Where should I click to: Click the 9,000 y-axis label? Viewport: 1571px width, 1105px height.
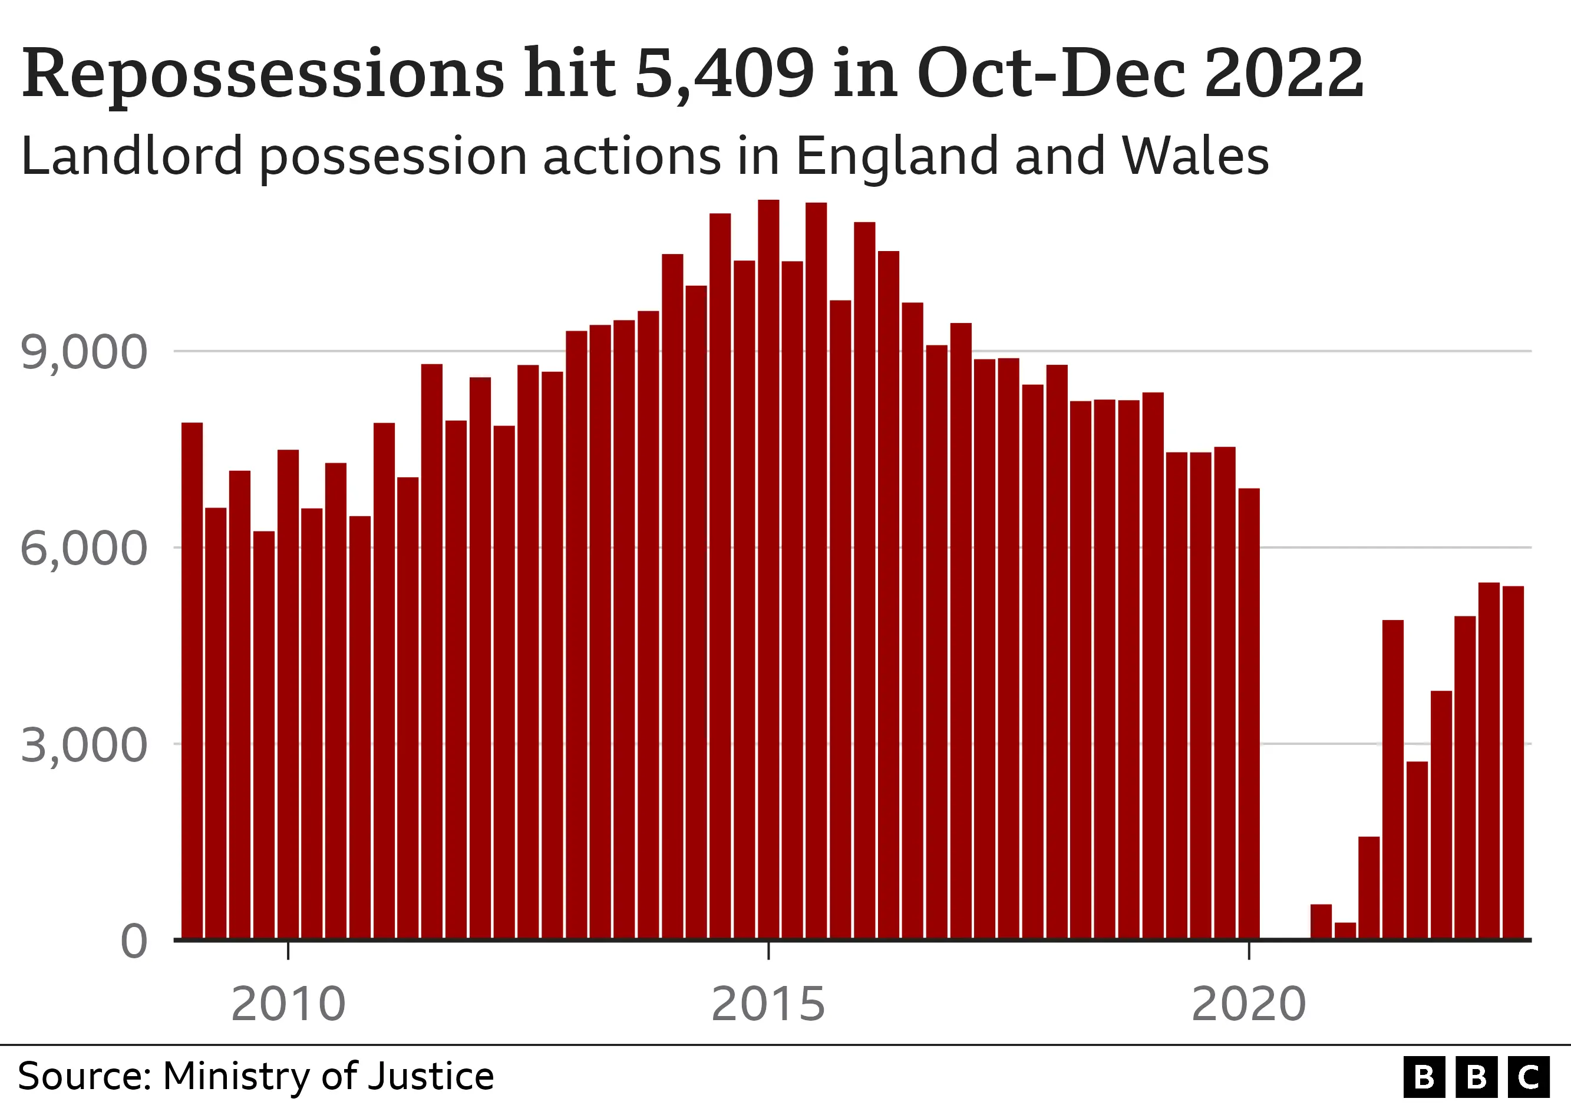[x=84, y=353]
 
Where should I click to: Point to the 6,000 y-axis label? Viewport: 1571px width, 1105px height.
[x=84, y=549]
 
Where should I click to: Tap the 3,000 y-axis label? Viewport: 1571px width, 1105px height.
[x=84, y=745]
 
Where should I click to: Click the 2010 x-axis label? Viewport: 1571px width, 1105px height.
[x=288, y=1004]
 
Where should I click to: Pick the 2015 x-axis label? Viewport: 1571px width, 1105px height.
[x=768, y=1004]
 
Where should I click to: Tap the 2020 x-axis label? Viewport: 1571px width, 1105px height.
[x=1249, y=1004]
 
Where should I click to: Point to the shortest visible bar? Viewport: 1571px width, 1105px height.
[x=1345, y=930]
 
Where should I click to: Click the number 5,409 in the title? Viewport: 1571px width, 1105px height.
[x=725, y=73]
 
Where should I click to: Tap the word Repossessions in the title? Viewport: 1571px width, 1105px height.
[x=263, y=73]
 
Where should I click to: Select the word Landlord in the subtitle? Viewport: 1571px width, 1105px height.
[x=132, y=156]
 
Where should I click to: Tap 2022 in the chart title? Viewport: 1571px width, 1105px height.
[x=1283, y=73]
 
